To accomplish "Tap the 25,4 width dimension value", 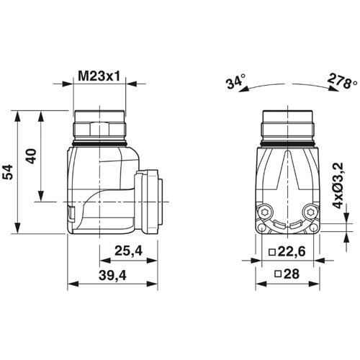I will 127,251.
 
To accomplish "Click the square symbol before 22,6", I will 271,251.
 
